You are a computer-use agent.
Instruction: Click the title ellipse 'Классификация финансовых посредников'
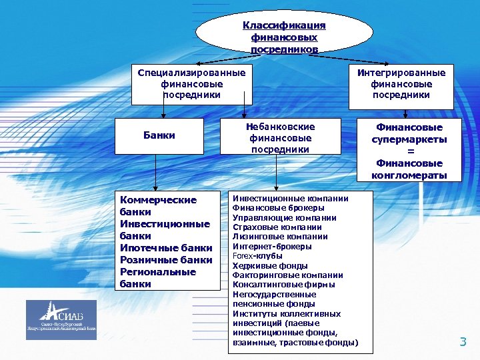(284, 37)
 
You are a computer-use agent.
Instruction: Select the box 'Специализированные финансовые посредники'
(191, 84)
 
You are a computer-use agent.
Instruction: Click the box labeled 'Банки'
(159, 135)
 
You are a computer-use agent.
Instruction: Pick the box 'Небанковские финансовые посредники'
(280, 138)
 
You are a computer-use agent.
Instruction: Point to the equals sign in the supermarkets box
(409, 151)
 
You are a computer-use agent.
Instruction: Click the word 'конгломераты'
(409, 175)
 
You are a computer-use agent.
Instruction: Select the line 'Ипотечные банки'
(166, 248)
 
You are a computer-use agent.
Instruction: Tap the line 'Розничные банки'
(166, 260)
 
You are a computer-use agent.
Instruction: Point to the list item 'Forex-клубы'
(257, 256)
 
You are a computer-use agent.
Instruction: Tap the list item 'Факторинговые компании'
(287, 275)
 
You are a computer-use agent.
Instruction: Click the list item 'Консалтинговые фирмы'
(283, 285)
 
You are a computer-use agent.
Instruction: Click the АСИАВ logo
(61, 319)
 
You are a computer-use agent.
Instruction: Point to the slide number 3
(463, 343)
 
